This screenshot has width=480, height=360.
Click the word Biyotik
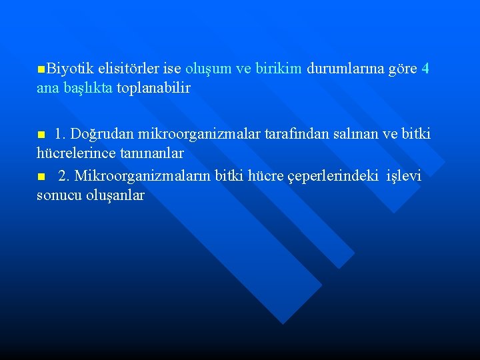[x=70, y=68]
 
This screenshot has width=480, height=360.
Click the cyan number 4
[x=426, y=68]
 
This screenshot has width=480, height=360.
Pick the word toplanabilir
[x=154, y=88]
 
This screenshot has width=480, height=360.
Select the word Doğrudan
[x=103, y=134]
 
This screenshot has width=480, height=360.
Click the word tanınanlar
[x=152, y=153]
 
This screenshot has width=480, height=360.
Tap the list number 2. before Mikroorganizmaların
[x=64, y=176]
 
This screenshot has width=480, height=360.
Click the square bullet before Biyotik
[x=42, y=69]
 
